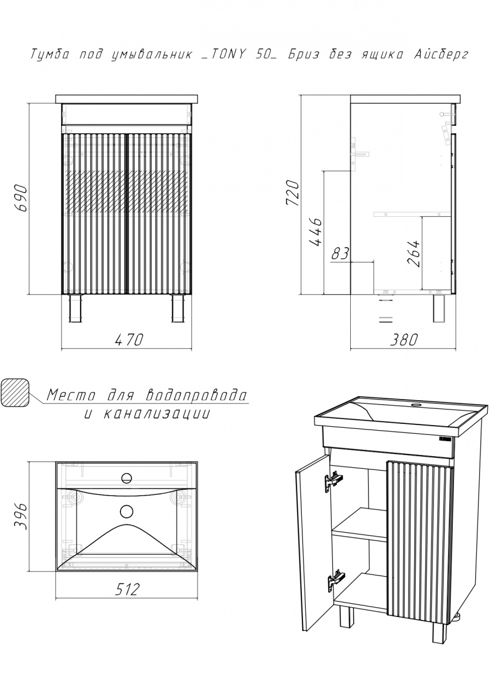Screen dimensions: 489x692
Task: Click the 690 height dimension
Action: click(21, 198)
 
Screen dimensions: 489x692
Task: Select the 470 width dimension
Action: click(129, 340)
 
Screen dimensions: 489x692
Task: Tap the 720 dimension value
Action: click(292, 193)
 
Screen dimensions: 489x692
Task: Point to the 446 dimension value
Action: click(315, 232)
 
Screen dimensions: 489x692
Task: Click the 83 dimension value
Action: click(340, 253)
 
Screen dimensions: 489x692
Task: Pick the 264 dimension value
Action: click(413, 253)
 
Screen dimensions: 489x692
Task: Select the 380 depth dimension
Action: click(404, 340)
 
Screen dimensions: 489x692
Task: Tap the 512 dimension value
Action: click(127, 589)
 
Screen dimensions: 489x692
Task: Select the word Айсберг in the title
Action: click(440, 55)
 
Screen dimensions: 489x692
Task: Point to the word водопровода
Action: click(196, 395)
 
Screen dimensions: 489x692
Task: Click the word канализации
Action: click(156, 413)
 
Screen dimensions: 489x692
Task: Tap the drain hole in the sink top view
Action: click(126, 511)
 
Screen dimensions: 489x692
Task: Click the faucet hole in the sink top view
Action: click(126, 479)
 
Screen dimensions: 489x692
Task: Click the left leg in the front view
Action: click(75, 309)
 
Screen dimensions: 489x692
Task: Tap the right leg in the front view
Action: click(178, 309)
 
